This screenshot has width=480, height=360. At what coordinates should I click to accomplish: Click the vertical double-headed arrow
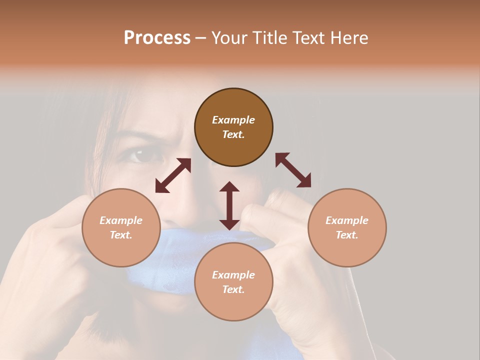pyautogui.click(x=229, y=205)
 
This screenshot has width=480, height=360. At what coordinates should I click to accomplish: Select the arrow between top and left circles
pyautogui.click(x=173, y=175)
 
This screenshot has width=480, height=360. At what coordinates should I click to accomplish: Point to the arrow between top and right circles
pyautogui.click(x=293, y=170)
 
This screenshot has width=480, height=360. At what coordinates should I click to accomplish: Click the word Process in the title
pyautogui.click(x=157, y=37)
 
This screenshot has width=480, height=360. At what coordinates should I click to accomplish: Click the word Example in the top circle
pyautogui.click(x=233, y=120)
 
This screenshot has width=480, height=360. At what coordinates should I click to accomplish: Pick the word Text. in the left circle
pyautogui.click(x=121, y=235)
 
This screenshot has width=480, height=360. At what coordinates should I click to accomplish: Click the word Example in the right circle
pyautogui.click(x=347, y=220)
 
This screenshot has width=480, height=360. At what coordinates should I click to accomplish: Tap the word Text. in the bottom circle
pyautogui.click(x=233, y=289)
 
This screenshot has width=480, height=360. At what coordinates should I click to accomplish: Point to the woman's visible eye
pyautogui.click(x=142, y=155)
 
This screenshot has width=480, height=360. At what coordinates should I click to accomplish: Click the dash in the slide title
pyautogui.click(x=201, y=38)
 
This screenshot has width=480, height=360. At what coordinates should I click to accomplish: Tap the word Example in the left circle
pyautogui.click(x=121, y=220)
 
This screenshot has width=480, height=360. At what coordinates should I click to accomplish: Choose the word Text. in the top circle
pyautogui.click(x=233, y=134)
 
